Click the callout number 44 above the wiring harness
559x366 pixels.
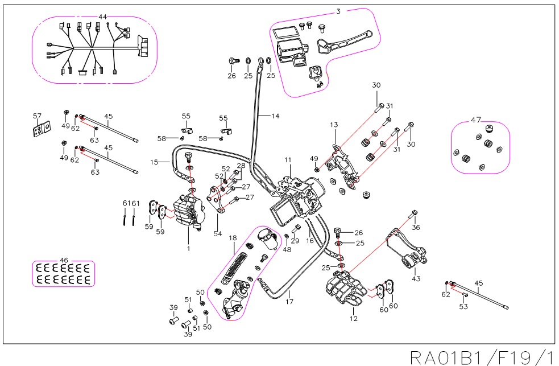tap(103, 17)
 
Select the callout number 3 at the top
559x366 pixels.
tap(338, 11)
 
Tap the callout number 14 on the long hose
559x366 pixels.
tap(275, 116)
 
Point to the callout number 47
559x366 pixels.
tap(476, 120)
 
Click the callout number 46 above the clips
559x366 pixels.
tap(64, 260)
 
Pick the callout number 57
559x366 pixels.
tap(38, 117)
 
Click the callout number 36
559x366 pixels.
tap(416, 228)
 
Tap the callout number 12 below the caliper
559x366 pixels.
tap(354, 318)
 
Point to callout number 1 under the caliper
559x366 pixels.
tap(188, 248)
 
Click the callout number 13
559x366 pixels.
tap(334, 125)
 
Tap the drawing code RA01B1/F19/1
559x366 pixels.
tap(482, 357)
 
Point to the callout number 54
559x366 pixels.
tap(218, 234)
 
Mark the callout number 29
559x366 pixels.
tap(295, 241)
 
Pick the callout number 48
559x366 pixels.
tap(287, 249)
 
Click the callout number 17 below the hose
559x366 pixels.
tap(289, 301)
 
